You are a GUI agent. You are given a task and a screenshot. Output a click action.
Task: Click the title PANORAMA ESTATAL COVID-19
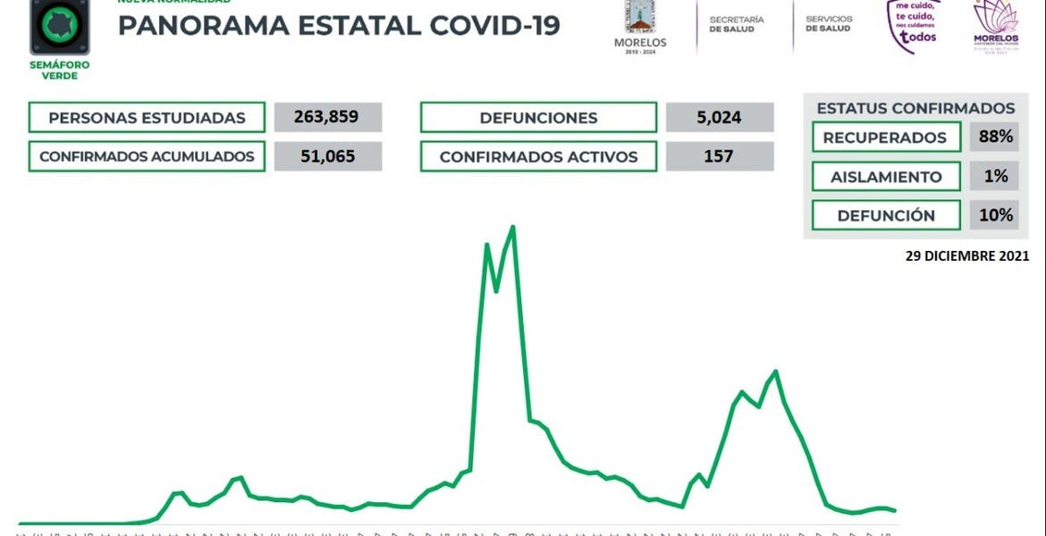point(339,26)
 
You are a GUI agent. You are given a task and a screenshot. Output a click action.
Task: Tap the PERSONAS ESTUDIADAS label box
point(147,118)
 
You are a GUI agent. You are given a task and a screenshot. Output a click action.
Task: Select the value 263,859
point(328,118)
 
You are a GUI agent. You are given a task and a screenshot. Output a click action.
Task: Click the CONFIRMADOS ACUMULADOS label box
point(147,156)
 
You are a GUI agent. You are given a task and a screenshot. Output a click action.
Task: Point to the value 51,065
point(328,156)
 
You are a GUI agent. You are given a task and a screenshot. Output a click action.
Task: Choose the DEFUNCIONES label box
point(538,118)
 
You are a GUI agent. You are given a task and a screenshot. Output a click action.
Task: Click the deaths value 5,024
point(720,118)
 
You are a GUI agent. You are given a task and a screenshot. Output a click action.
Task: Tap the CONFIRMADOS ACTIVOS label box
point(538,156)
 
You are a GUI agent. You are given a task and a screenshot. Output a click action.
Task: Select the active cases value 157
point(720,156)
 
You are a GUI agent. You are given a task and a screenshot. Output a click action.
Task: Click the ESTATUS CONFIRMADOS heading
point(915,108)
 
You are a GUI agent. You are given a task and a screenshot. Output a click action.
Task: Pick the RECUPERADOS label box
point(884,138)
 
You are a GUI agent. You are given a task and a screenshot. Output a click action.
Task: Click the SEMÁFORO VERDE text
point(59,71)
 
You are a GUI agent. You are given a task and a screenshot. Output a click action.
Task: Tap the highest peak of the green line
point(513,227)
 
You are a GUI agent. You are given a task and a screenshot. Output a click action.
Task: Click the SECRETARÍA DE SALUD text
point(737,24)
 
